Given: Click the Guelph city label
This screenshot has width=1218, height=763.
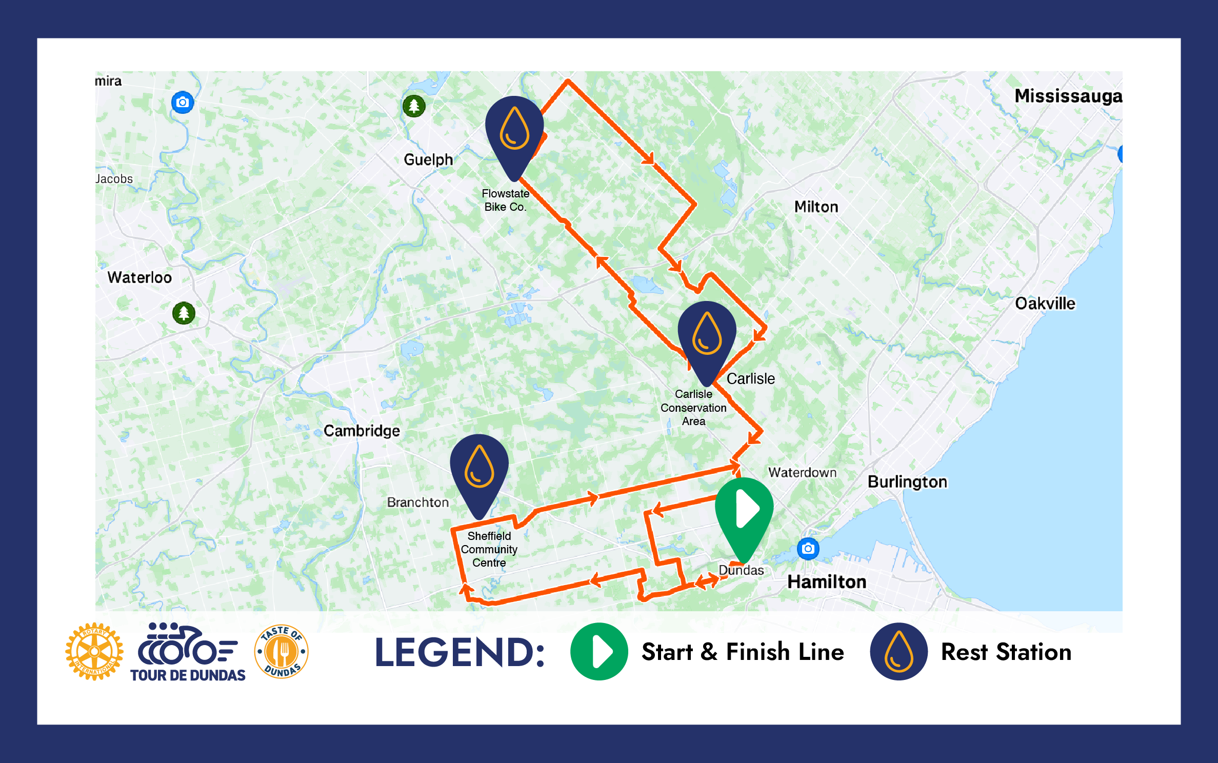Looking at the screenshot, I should tap(428, 159).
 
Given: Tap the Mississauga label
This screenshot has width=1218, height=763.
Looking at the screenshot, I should tap(1068, 96).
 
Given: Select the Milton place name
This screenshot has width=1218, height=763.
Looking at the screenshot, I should tap(816, 207).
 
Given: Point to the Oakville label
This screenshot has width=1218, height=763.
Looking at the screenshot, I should tap(1045, 303).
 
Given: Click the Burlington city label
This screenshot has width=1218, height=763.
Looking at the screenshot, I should tap(907, 481).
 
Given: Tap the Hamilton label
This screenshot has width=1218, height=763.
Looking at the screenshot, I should tap(826, 581).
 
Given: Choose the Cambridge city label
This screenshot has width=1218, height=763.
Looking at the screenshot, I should tap(362, 430).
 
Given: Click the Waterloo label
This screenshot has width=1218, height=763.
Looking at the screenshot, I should tap(139, 277).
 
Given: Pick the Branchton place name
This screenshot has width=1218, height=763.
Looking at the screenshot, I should tap(417, 502).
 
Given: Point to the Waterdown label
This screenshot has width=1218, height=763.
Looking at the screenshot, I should tap(802, 472).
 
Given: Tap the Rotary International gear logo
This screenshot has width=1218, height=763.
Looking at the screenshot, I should tap(94, 651).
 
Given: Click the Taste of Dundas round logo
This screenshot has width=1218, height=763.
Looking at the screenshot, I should tap(282, 651).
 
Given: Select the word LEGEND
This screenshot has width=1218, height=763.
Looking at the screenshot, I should tap(460, 652).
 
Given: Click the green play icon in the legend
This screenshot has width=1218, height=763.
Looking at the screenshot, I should tap(599, 652).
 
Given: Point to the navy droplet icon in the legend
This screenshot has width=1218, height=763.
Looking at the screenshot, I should tap(898, 652).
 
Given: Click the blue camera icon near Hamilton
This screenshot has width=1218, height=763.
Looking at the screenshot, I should tap(808, 549).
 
